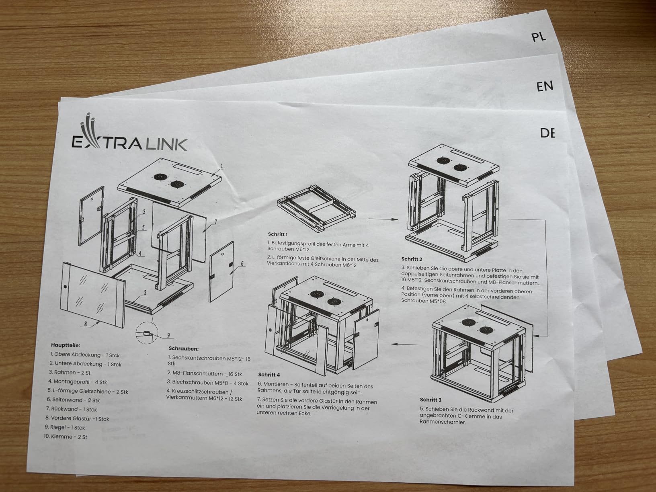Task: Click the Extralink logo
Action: [x=129, y=136]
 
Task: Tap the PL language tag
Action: [x=539, y=37]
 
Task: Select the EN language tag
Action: [x=545, y=86]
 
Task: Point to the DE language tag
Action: [x=547, y=133]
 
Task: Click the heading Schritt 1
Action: [x=278, y=234]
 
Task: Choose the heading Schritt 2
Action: [x=412, y=259]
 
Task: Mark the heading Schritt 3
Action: [x=430, y=400]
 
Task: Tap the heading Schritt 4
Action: [x=269, y=375]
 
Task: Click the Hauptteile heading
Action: [x=66, y=345]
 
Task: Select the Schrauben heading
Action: [x=184, y=348]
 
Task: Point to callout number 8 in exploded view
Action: [x=86, y=324]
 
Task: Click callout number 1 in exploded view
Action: [x=222, y=166]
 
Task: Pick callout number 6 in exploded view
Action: [x=242, y=264]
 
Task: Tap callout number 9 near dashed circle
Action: [x=168, y=336]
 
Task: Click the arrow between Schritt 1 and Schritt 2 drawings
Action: [x=383, y=219]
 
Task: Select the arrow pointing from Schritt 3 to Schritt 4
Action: [x=406, y=344]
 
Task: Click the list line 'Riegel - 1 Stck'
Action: [x=65, y=427]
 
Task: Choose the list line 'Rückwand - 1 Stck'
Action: [x=72, y=409]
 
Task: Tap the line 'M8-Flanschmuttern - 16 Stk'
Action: [x=205, y=374]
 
